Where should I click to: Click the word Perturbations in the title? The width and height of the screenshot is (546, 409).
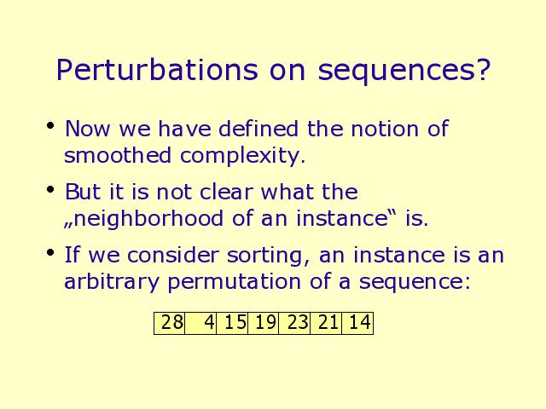coord(157,70)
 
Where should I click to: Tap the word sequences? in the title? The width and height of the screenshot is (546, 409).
coord(404,72)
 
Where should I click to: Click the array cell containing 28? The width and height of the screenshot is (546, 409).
coord(169,323)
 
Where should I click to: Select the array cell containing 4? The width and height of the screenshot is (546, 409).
coord(200,323)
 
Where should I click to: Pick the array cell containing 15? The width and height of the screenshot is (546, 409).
coord(232,323)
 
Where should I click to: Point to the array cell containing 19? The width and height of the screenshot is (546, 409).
coord(264,323)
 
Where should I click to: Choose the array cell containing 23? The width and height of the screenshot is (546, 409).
coord(294,323)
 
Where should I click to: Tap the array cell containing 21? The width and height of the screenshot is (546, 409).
coord(326,323)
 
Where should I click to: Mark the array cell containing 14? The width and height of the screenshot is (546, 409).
coord(357,323)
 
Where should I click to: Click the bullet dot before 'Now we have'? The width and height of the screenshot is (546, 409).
coord(50,125)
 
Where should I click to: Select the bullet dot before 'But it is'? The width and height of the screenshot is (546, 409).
coord(50,189)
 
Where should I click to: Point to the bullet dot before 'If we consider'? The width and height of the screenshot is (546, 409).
coord(50,252)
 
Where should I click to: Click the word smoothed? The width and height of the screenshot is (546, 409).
coord(118,155)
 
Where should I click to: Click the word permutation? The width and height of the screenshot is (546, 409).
coord(235,283)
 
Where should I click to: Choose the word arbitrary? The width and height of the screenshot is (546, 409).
coord(112,283)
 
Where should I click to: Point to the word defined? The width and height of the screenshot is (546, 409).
coord(258,129)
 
